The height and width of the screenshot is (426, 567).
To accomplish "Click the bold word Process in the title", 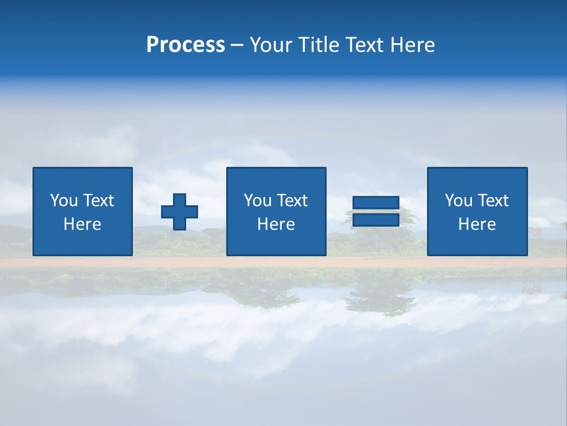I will coord(185,45).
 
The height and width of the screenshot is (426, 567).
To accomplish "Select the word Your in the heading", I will coord(272,45).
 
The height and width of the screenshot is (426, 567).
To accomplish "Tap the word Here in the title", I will coord(412,45).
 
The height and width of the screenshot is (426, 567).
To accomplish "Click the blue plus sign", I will coord(180,212).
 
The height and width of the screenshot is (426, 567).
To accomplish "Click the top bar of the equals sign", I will coord(376,202).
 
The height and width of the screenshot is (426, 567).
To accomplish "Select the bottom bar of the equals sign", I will coord(376,220).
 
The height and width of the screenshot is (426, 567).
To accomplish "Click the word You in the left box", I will coord(64,201).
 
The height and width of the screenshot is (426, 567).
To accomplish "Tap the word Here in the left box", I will coord(82,224).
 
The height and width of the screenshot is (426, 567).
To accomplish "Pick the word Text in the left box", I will coord(98,201).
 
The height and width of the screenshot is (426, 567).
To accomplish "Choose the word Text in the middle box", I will coord(292,201).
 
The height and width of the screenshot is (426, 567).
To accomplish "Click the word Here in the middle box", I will coord(276,224).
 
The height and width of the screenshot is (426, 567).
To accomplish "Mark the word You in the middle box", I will coord(258,201).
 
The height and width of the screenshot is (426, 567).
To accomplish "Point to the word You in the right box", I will coord(458,201).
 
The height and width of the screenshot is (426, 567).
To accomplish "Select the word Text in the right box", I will coord(493,201).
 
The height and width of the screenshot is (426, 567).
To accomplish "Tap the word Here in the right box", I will coord(477,224).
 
